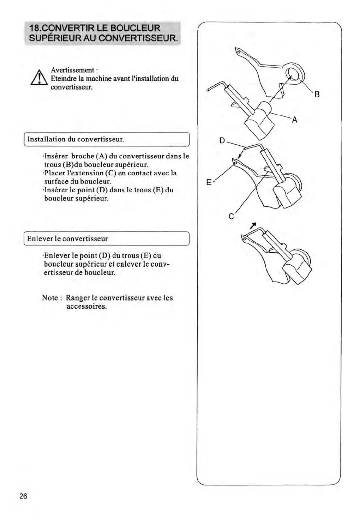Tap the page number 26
[x=23, y=496]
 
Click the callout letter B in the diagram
[x=317, y=94]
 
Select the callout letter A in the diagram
[x=294, y=120]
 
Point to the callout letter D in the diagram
[x=222, y=141]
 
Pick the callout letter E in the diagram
[x=209, y=182]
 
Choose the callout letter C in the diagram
[x=231, y=217]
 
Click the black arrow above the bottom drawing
[x=253, y=225]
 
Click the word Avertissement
[x=73, y=70]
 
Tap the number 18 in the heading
[x=35, y=28]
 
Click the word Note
[x=50, y=298]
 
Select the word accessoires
[x=86, y=306]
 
